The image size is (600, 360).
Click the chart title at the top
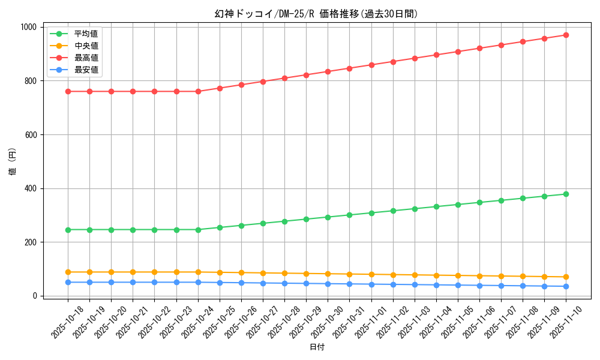point(316,14)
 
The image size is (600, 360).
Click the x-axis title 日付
point(317,347)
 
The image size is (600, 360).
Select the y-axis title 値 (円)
point(13,161)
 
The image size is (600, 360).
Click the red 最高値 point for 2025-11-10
point(566,35)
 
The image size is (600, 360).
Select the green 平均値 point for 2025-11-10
point(566,194)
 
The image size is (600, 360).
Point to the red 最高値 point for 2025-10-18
point(68,91)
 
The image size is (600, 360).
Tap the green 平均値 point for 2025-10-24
point(198,229)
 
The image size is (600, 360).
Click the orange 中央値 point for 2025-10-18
point(68,272)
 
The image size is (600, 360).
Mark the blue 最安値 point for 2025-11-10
point(566,286)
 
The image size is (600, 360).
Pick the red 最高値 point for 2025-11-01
point(371,65)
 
